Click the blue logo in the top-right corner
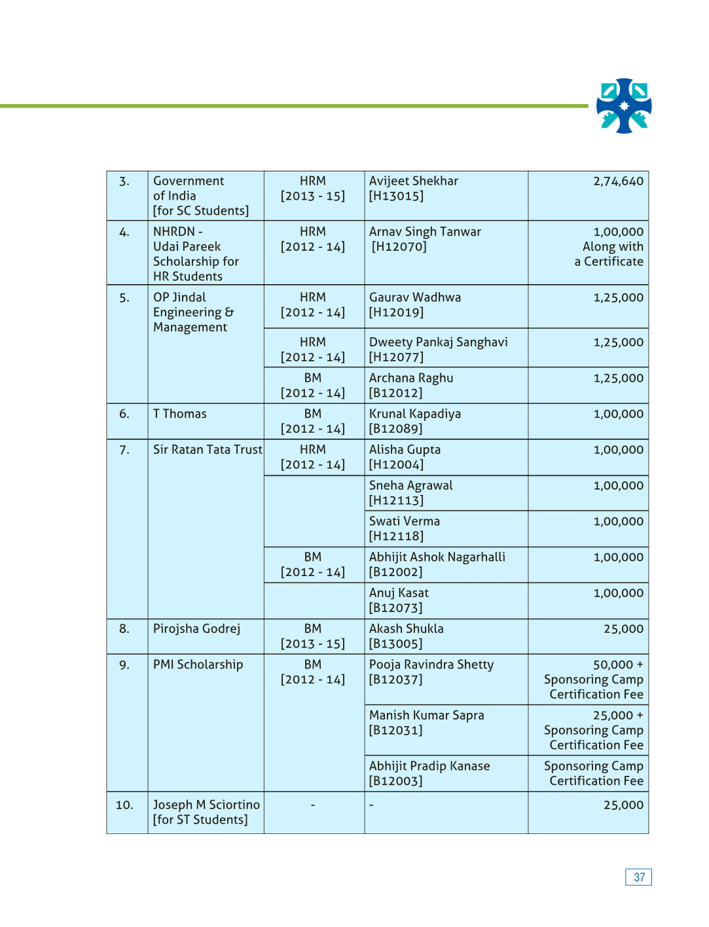coord(624,106)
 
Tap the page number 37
coord(639,877)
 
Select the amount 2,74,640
coord(618,181)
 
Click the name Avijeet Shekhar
coord(413,181)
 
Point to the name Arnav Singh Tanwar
coord(425,232)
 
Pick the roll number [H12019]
coord(396,312)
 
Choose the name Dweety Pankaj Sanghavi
coord(438,342)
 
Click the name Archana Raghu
coord(410,378)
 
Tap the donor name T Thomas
coord(179,414)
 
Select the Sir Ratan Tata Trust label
coord(207,450)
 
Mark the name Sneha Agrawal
coord(410,486)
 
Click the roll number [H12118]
coord(396,536)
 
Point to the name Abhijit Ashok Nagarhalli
coord(437,557)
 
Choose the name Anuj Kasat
coord(399,593)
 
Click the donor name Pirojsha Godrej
coord(196,629)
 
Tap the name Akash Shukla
coord(406,629)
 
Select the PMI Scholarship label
coord(198,665)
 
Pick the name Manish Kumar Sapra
coord(426,716)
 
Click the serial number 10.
coord(124,805)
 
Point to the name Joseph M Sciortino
coord(206,805)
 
